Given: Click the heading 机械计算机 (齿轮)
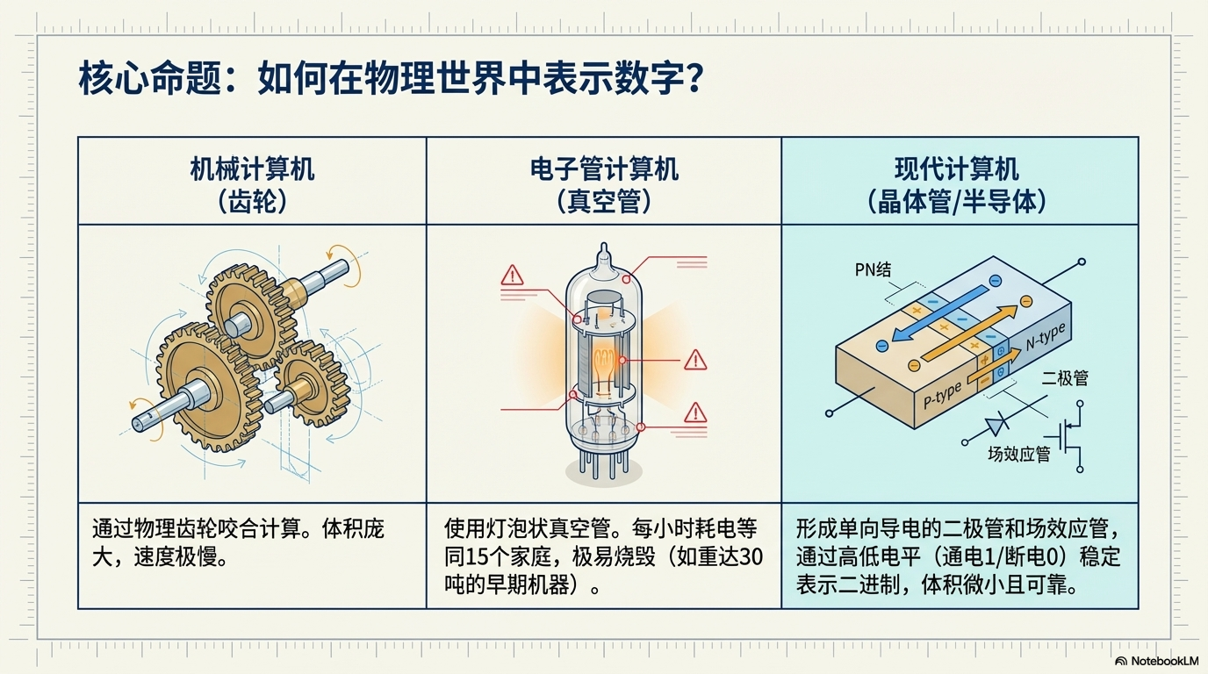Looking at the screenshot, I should coord(252,184).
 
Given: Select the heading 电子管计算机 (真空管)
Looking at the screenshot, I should coord(604,184).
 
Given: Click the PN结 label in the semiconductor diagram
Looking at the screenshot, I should coord(873,269).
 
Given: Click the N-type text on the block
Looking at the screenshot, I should coord(1045,336).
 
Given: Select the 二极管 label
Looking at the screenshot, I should coord(1065,378).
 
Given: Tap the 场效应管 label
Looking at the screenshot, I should coord(1018,455).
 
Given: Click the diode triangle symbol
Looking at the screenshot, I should coord(995,427).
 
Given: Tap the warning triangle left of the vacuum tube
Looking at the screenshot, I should coord(512,276).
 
